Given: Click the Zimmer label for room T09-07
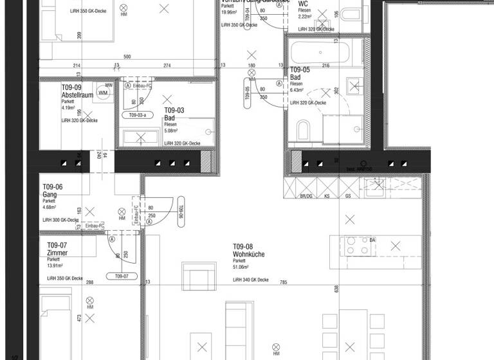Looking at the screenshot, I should tap(57, 253).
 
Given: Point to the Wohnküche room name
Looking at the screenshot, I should tap(248, 255).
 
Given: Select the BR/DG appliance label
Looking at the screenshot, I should tap(306, 196).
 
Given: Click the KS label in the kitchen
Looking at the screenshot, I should tap(327, 196).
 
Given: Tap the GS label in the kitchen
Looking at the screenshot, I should tap(348, 196).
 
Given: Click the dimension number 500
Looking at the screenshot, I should tap(127, 57).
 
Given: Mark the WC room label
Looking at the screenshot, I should tap(303, 3).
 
